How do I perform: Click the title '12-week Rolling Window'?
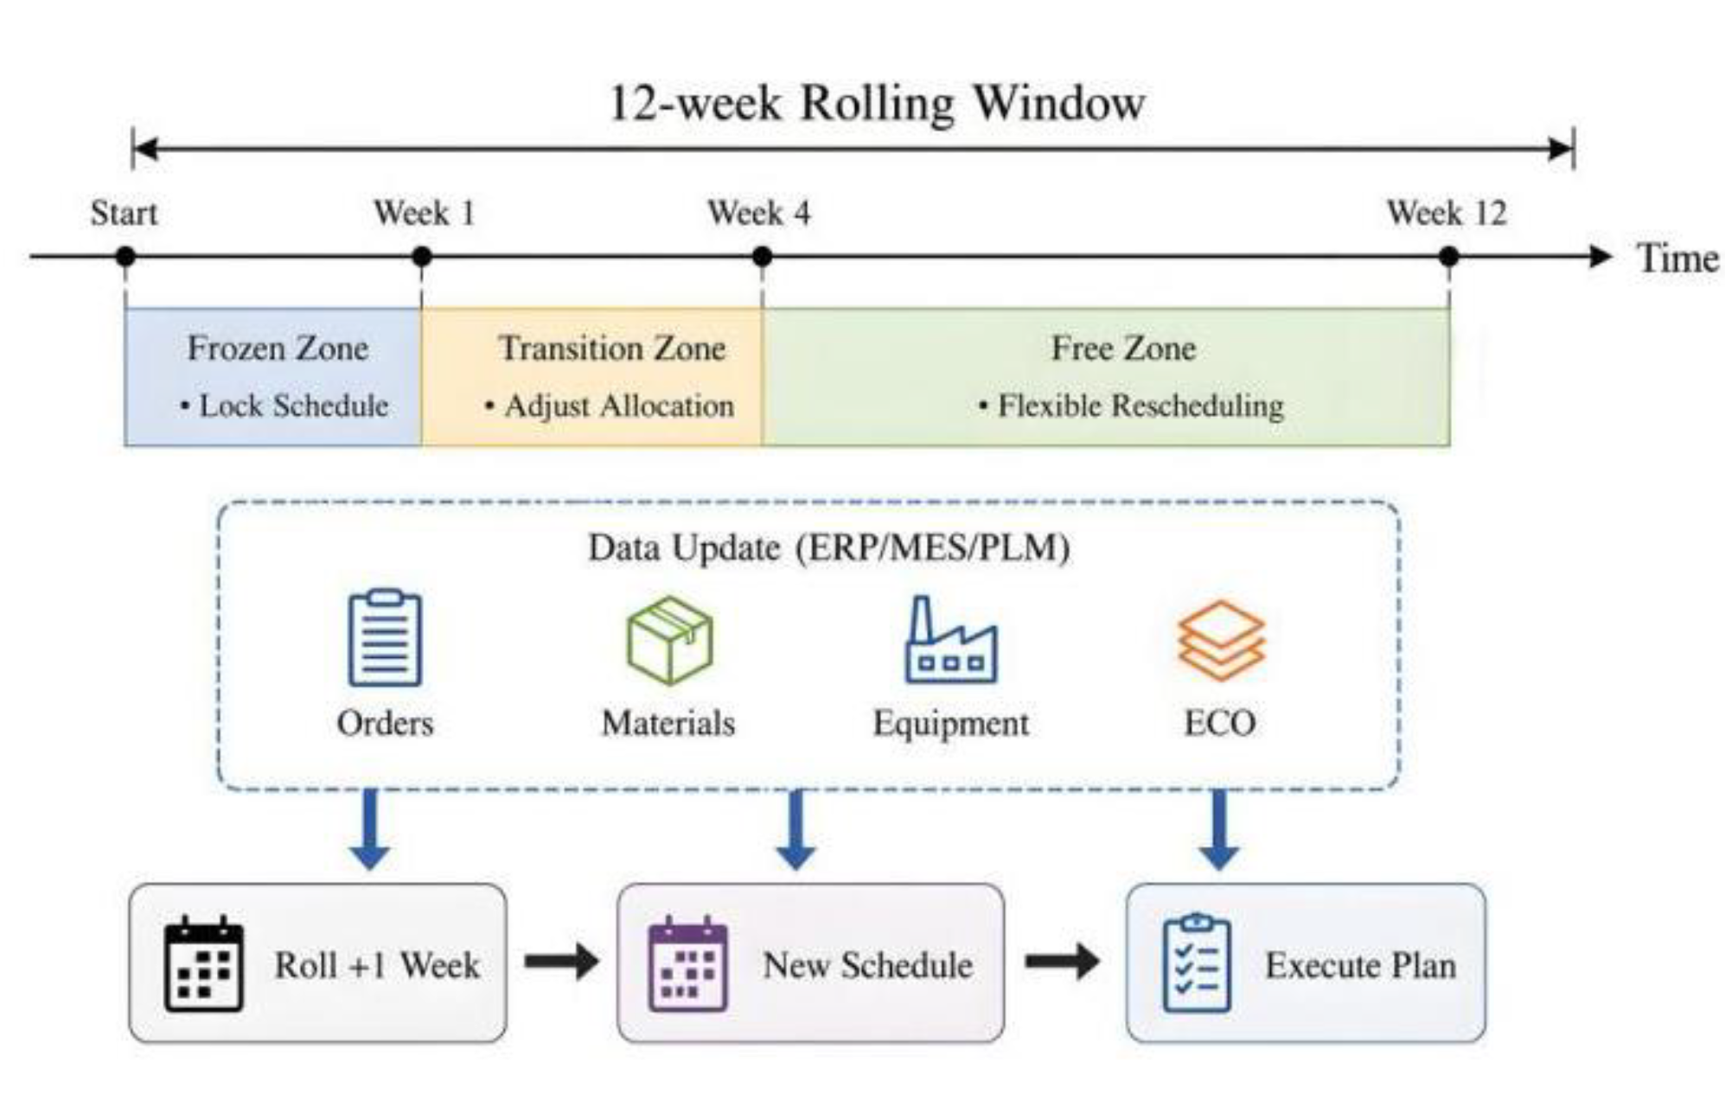tap(877, 104)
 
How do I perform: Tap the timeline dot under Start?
tap(125, 257)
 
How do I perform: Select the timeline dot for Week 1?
tap(422, 257)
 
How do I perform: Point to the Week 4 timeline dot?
tap(762, 257)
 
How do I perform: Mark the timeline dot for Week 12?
tap(1449, 257)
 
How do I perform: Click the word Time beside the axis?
tap(1677, 259)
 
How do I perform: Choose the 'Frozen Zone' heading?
tap(278, 348)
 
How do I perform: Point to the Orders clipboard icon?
tap(385, 637)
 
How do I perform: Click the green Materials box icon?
tap(670, 640)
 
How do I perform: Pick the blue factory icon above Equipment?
tap(950, 640)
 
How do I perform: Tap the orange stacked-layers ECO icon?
tap(1221, 641)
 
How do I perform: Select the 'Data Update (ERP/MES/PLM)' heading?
tap(828, 548)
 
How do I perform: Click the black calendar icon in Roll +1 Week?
tap(204, 963)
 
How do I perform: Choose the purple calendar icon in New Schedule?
tap(688, 963)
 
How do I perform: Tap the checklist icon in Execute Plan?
tap(1197, 962)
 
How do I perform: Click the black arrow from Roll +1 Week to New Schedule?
tap(562, 962)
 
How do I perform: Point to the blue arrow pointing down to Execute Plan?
tap(1219, 830)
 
